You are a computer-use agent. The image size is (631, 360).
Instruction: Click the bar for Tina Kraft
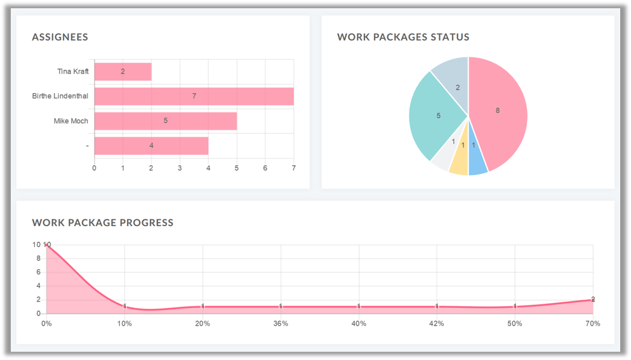(123, 72)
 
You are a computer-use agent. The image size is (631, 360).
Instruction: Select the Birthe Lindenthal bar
(194, 96)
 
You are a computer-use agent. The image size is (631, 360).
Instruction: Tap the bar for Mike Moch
(165, 121)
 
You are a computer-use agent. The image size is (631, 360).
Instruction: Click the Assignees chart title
(60, 37)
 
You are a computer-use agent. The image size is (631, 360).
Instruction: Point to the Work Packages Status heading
(403, 37)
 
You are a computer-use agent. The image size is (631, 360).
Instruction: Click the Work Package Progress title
(102, 222)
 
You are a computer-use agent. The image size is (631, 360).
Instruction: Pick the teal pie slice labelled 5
(438, 116)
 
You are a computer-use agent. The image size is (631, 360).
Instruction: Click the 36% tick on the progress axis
(281, 324)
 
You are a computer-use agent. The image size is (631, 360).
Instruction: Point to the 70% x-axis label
(592, 324)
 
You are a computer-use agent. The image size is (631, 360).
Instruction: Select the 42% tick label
(437, 324)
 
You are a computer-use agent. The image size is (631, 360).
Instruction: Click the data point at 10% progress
(124, 307)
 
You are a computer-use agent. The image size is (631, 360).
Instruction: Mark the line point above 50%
(515, 307)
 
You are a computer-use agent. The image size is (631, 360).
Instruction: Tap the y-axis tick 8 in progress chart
(39, 258)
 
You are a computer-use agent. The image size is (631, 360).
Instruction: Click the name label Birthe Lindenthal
(60, 96)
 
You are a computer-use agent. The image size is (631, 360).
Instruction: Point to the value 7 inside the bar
(194, 96)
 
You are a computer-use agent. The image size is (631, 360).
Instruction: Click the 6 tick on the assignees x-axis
(265, 168)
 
